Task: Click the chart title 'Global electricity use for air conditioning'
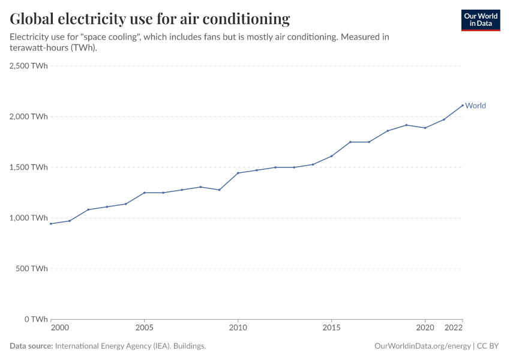tap(150, 19)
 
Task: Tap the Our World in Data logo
tap(480, 20)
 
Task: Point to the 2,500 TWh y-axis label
tap(29, 66)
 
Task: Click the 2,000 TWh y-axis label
tap(29, 116)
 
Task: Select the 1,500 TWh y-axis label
tap(29, 167)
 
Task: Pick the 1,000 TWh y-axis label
tap(29, 218)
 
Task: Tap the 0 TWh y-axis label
tap(35, 319)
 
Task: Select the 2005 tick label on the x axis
tap(144, 328)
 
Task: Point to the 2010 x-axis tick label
tap(238, 328)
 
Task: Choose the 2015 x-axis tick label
tap(331, 328)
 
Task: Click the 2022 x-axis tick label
tap(454, 328)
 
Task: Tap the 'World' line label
tap(475, 106)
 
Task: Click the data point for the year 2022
tap(462, 106)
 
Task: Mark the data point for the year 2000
tap(51, 224)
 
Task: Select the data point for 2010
tap(238, 173)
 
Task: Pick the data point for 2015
tap(331, 156)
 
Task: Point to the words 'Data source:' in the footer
tap(31, 346)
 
